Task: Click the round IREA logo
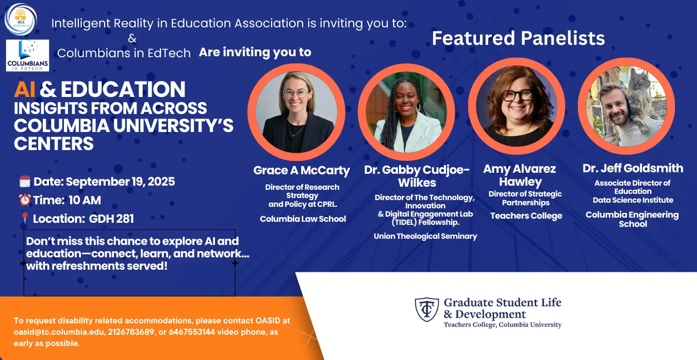[21, 19]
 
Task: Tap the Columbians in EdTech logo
[27, 55]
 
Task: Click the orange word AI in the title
[24, 89]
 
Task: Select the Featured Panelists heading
[518, 38]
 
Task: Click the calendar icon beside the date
[25, 182]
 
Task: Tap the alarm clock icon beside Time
[25, 200]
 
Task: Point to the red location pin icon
[25, 218]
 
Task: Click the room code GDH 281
[111, 219]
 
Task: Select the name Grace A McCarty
[302, 170]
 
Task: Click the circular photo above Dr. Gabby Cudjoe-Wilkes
[406, 112]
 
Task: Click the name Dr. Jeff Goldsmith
[633, 168]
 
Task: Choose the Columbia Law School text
[303, 219]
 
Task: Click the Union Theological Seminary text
[425, 236]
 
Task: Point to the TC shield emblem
[427, 309]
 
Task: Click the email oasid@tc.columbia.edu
[59, 332]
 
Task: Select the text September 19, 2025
[120, 182]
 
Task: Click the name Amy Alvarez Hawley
[520, 175]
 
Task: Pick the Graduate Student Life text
[503, 302]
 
